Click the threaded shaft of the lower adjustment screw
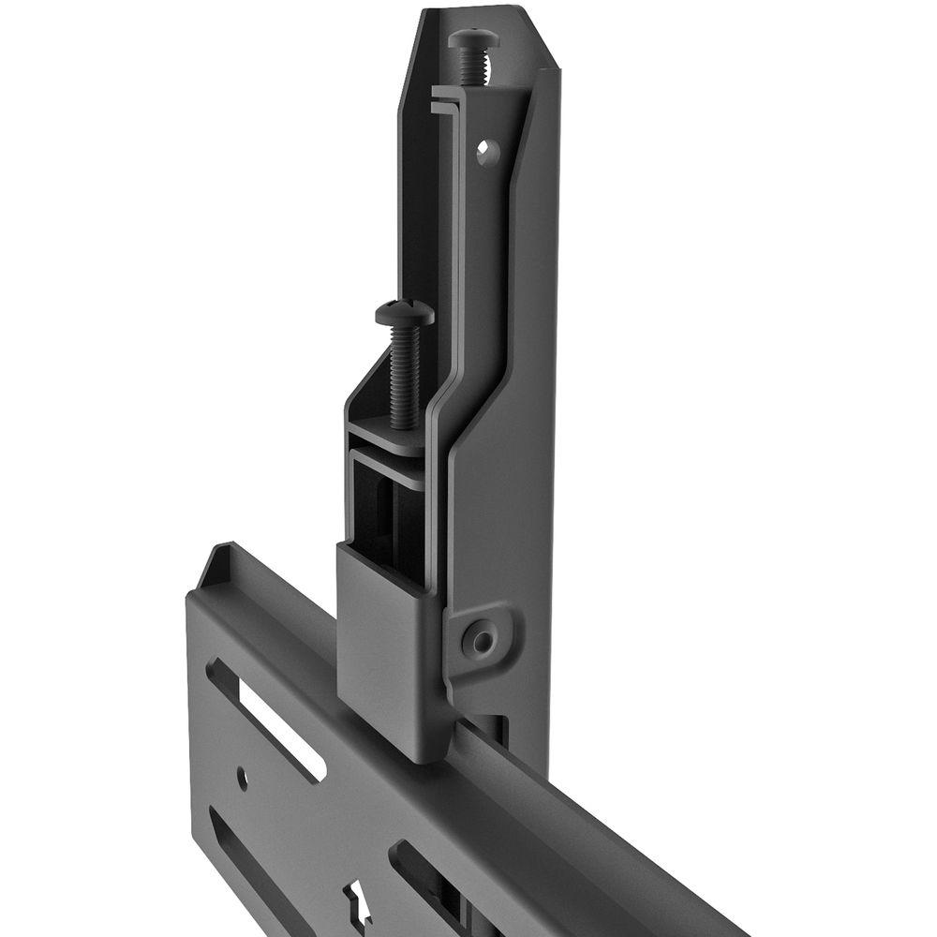tap(405, 375)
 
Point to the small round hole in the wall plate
tap(242, 777)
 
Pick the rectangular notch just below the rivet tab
tap(496, 726)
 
